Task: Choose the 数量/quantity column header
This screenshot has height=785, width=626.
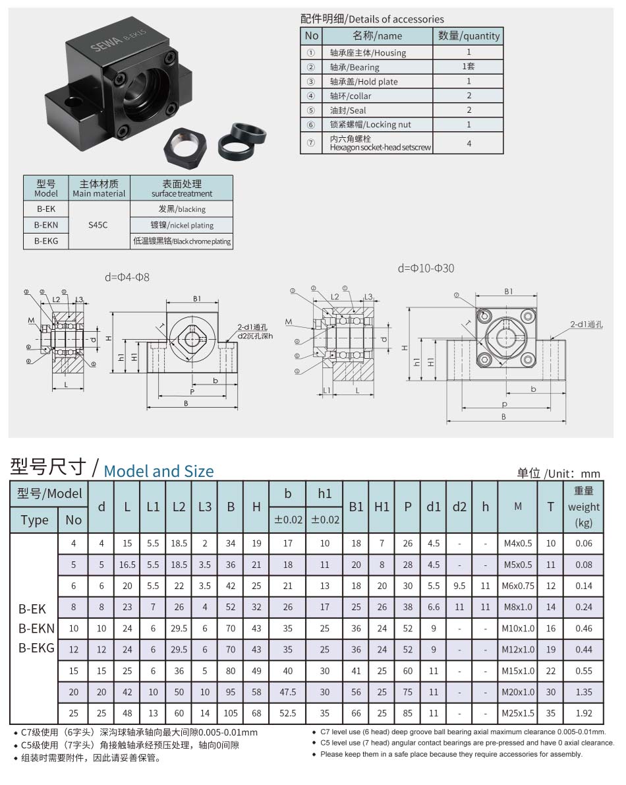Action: [469, 36]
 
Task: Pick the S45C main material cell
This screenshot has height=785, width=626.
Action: [98, 225]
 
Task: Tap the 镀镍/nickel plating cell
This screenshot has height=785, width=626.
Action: [182, 225]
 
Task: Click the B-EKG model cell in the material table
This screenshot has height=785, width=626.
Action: [46, 241]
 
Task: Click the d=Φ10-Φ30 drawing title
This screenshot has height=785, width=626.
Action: [426, 268]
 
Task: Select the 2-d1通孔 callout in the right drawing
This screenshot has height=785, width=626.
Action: [589, 324]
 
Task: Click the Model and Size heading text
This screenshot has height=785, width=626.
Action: [159, 471]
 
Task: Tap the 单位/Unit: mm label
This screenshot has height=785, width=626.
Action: [559, 473]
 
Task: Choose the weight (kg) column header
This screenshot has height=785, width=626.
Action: [583, 507]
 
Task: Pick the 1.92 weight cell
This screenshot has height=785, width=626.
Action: [583, 713]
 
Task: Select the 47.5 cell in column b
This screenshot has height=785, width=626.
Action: [288, 692]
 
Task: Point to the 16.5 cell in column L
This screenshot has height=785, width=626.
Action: [127, 565]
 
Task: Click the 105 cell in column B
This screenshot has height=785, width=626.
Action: [231, 713]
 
